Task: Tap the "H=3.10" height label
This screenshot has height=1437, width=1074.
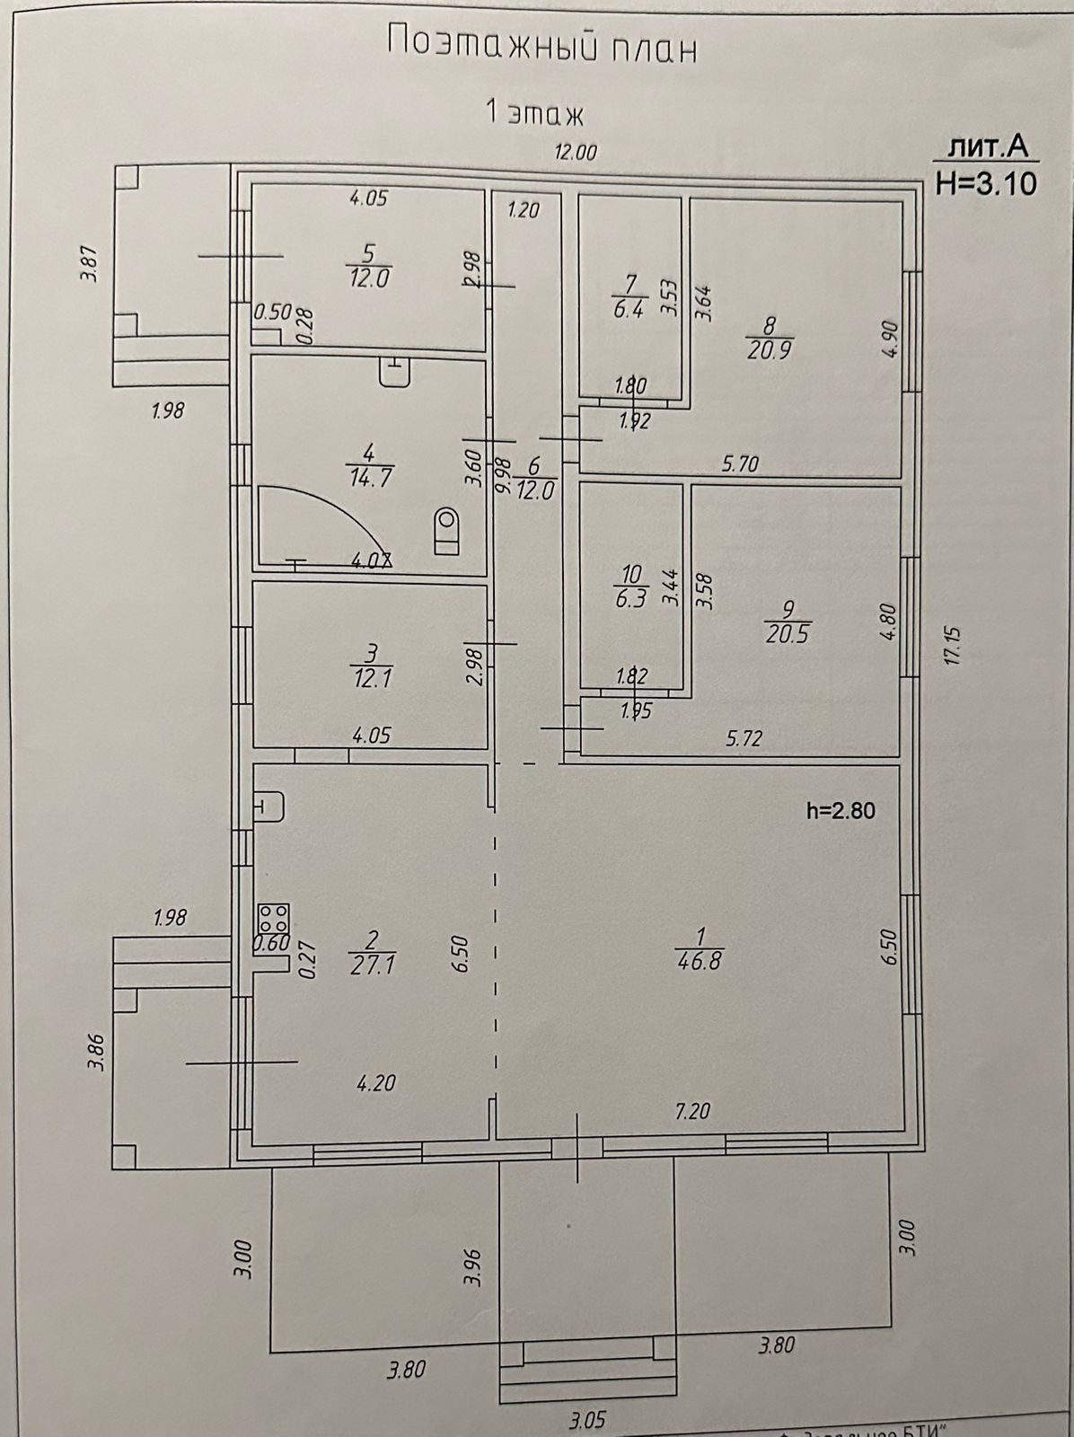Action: coord(986,184)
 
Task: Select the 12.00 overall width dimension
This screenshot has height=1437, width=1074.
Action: coord(575,153)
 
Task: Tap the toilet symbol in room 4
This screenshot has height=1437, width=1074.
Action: coord(446,530)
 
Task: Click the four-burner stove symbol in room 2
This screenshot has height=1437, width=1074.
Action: coord(273,917)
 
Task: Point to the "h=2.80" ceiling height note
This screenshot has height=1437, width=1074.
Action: coord(841,811)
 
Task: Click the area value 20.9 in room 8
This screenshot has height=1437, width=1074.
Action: coord(769,351)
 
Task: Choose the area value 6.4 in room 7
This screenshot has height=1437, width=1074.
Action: coord(629,313)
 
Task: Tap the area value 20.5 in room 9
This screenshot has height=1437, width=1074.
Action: coord(788,634)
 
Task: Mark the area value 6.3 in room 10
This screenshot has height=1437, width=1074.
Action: coord(631,599)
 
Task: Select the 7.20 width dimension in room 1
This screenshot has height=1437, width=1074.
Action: coord(692,1112)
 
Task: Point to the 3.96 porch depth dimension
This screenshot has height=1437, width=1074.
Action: coord(475,1266)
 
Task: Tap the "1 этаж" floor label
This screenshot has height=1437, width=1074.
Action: coord(534,114)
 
